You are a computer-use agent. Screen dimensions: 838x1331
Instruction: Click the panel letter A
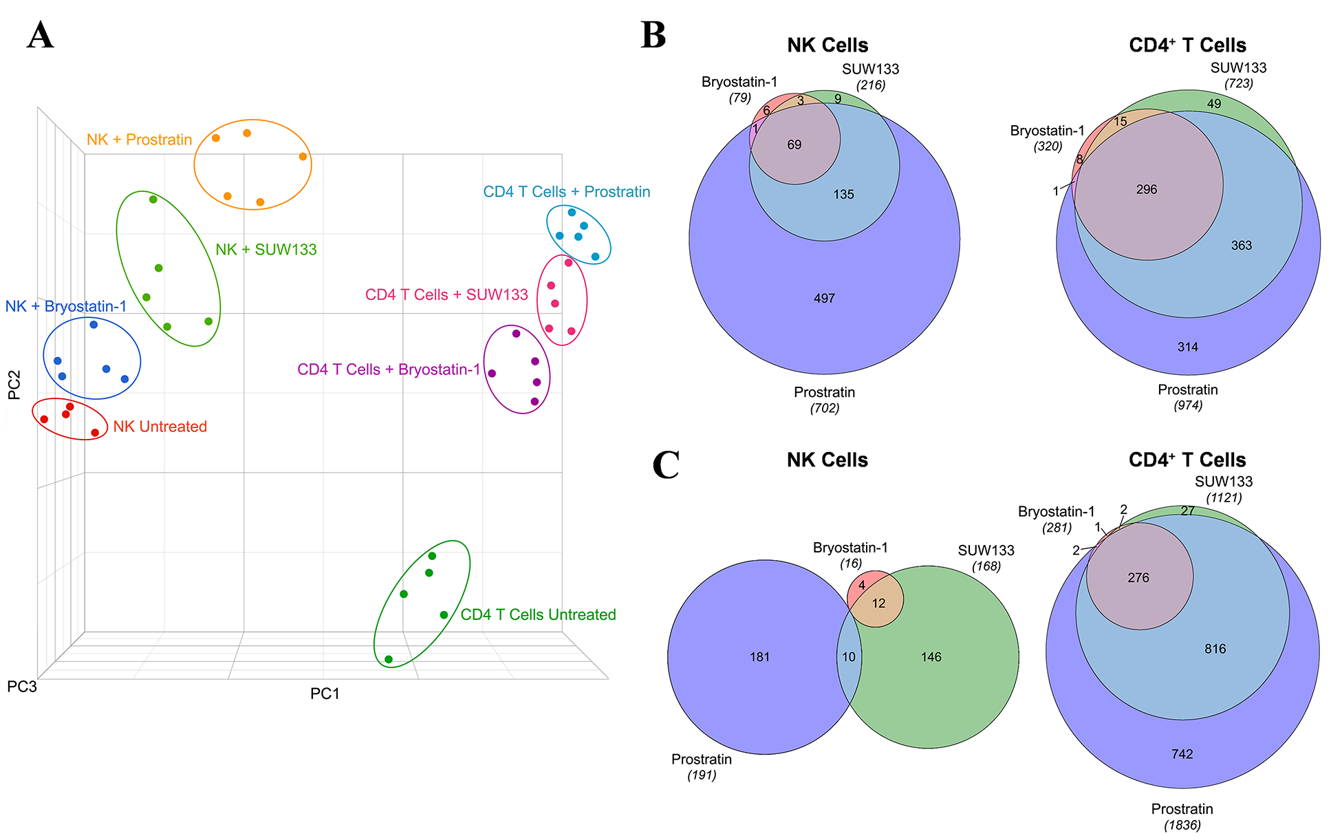40,35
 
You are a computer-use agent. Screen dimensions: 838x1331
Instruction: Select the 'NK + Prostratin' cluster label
139,140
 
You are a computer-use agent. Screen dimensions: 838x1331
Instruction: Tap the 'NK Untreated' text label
160,427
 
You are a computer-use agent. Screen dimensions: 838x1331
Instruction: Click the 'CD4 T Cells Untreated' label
538,614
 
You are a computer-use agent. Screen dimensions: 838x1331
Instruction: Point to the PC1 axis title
325,694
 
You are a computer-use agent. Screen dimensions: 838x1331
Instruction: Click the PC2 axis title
14,385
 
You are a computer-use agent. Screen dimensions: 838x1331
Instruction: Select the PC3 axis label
21,687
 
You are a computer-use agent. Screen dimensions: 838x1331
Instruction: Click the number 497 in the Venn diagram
824,299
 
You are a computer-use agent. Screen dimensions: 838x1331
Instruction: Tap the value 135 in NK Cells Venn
843,195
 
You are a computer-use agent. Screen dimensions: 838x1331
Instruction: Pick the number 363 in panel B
1241,246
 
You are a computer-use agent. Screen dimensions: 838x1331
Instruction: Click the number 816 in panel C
1215,649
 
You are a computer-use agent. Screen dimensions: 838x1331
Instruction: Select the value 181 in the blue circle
759,657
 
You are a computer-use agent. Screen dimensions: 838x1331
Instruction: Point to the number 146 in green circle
931,657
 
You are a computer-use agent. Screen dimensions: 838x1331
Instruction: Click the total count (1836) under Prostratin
1182,825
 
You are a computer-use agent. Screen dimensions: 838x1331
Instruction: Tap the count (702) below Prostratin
824,408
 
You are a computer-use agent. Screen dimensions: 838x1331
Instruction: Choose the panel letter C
665,465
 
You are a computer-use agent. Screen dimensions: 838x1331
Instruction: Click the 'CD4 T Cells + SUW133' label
446,294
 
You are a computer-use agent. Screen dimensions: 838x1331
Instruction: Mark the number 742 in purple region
1182,754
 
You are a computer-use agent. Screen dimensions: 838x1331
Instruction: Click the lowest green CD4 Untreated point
389,659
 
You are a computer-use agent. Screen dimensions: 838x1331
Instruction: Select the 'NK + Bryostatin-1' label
66,306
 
